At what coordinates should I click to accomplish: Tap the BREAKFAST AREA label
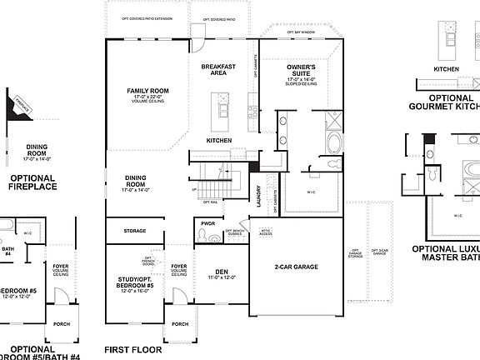[219, 69]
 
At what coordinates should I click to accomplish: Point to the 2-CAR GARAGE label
[297, 267]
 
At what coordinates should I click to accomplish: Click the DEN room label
[221, 271]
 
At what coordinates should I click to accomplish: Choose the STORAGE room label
[134, 231]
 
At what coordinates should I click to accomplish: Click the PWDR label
[207, 223]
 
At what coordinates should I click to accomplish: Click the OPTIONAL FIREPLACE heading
[32, 182]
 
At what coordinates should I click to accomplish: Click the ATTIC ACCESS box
[266, 232]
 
